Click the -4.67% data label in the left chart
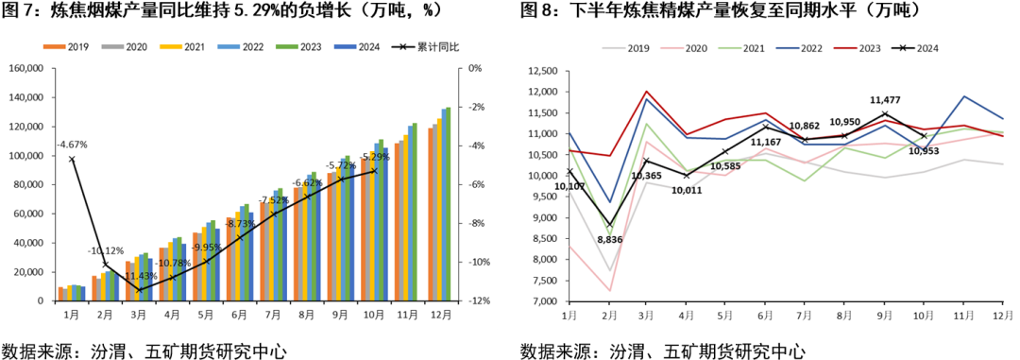[x=73, y=145]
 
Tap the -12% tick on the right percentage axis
[x=474, y=300]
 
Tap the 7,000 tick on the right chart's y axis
[x=544, y=300]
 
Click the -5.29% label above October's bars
[x=375, y=156]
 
